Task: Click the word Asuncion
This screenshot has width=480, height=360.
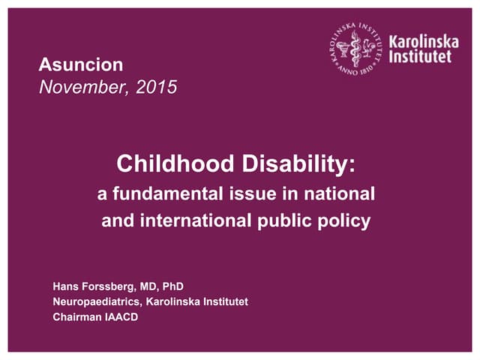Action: click(x=80, y=64)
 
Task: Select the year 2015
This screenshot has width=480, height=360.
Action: click(x=157, y=87)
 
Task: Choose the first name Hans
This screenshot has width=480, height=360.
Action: click(x=66, y=286)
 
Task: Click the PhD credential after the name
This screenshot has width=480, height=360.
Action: click(x=172, y=286)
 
